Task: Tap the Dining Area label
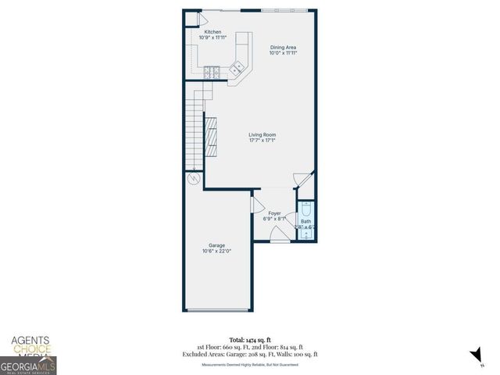point(282,48)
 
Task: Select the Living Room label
point(262,134)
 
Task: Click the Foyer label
point(274,212)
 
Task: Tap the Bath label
point(305,221)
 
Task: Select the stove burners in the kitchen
point(211,73)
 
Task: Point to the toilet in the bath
point(306,209)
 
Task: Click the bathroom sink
point(306,234)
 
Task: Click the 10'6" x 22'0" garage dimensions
point(216,251)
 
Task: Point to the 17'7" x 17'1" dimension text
point(262,141)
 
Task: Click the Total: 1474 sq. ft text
point(250,340)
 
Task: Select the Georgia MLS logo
point(28,365)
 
